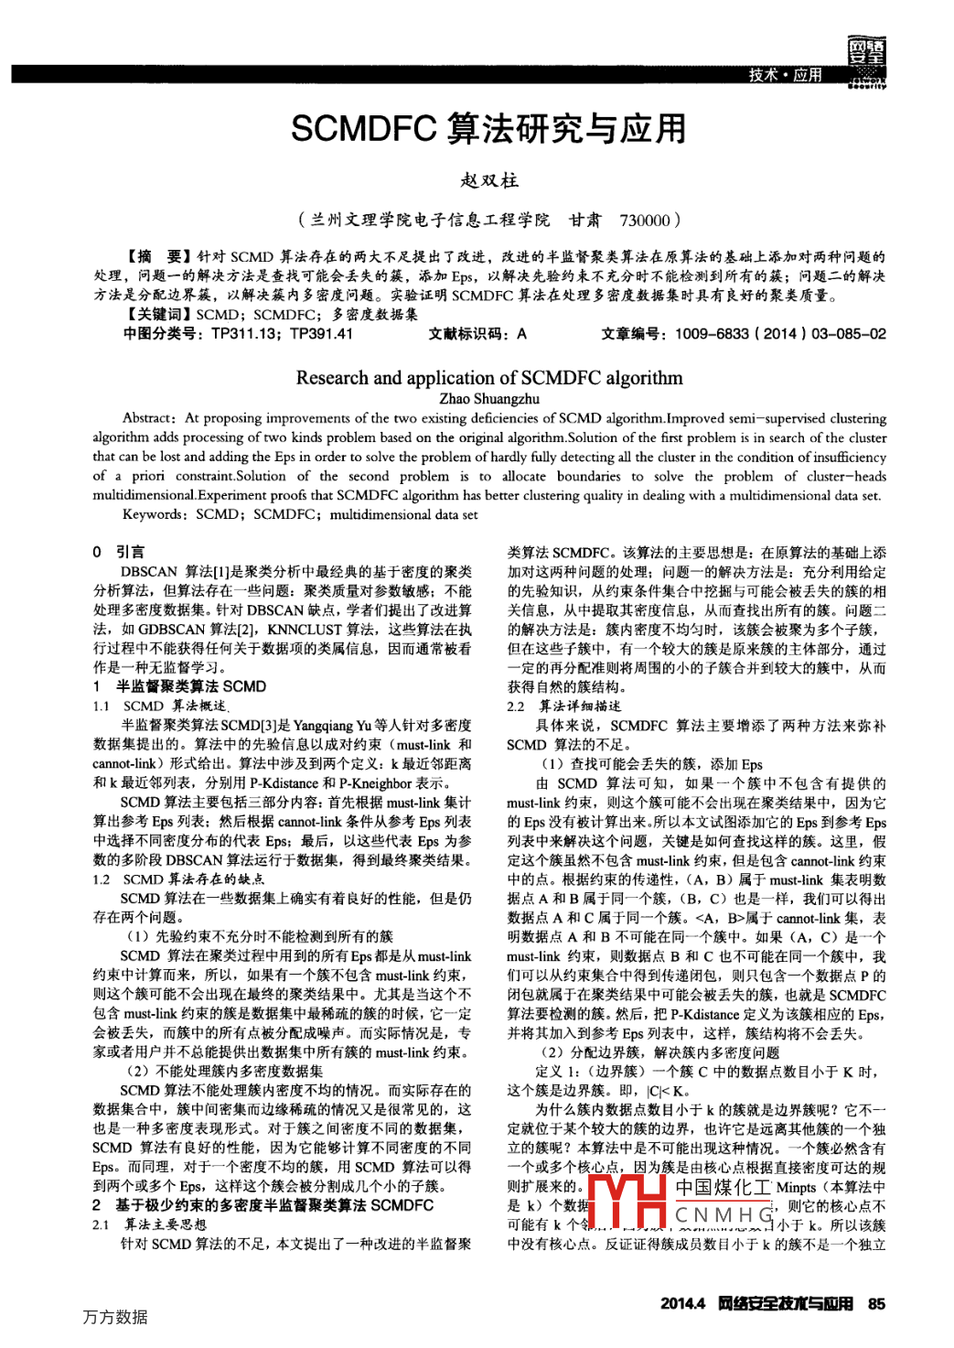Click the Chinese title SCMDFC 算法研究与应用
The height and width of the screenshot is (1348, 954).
click(x=488, y=129)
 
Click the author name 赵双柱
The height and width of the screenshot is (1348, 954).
click(x=489, y=180)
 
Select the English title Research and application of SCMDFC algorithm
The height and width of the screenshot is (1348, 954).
click(x=488, y=377)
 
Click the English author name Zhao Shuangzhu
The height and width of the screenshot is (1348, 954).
click(x=489, y=398)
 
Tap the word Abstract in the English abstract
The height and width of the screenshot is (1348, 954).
click(x=147, y=418)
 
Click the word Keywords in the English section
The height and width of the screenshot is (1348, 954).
click(x=153, y=514)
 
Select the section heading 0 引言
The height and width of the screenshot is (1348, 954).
click(x=118, y=552)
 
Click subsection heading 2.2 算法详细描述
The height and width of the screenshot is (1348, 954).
click(x=563, y=706)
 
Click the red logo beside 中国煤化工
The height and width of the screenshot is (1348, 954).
click(x=627, y=1201)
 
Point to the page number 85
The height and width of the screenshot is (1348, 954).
click(x=876, y=1303)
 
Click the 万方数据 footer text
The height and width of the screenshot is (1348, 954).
click(x=115, y=1317)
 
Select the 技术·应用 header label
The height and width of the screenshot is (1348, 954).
click(x=785, y=75)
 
